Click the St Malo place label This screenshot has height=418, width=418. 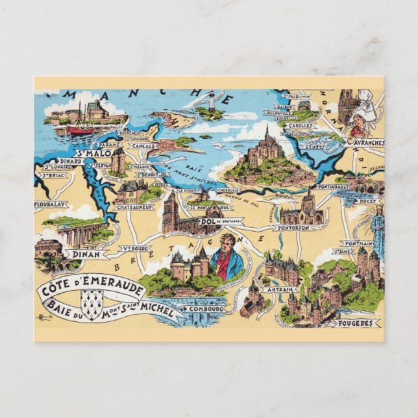(x=92, y=154)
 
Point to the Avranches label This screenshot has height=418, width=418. (x=367, y=142)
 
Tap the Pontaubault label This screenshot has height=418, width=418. (x=334, y=186)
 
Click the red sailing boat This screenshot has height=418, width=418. (x=80, y=129)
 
